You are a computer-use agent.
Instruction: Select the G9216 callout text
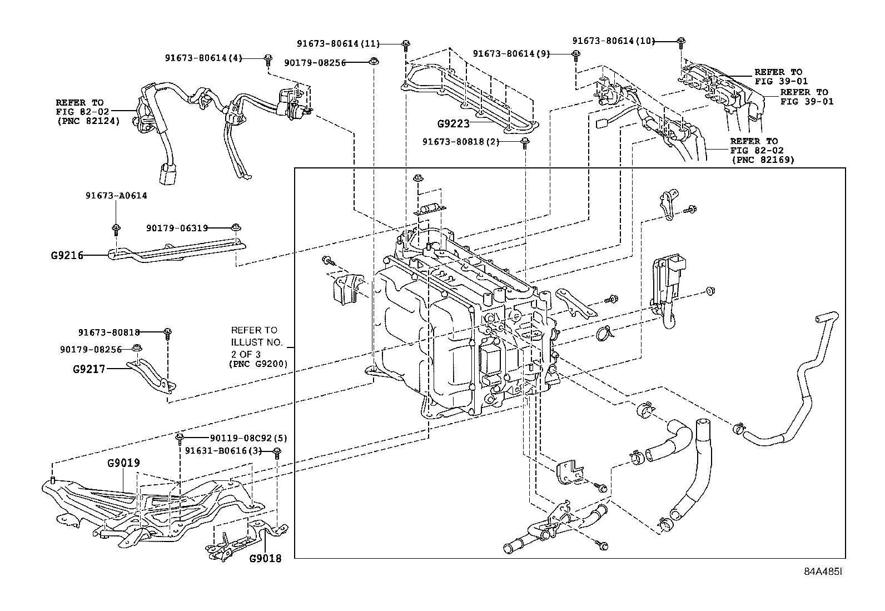pos(67,256)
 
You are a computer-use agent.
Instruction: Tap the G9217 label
pos(89,369)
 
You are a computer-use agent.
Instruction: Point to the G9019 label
pos(123,463)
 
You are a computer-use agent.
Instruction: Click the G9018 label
pos(266,558)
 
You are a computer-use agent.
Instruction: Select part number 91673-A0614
pos(116,196)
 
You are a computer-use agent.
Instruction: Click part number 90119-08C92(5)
pos(241,438)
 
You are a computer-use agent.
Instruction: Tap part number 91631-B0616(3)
pos(223,451)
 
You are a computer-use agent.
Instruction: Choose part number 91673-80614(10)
pos(614,41)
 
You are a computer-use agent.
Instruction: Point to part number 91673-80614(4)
pos(203,58)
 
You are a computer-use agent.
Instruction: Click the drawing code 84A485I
pos(823,572)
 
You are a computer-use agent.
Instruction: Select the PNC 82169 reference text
pos(762,160)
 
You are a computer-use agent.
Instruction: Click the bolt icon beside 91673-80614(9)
pos(576,54)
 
